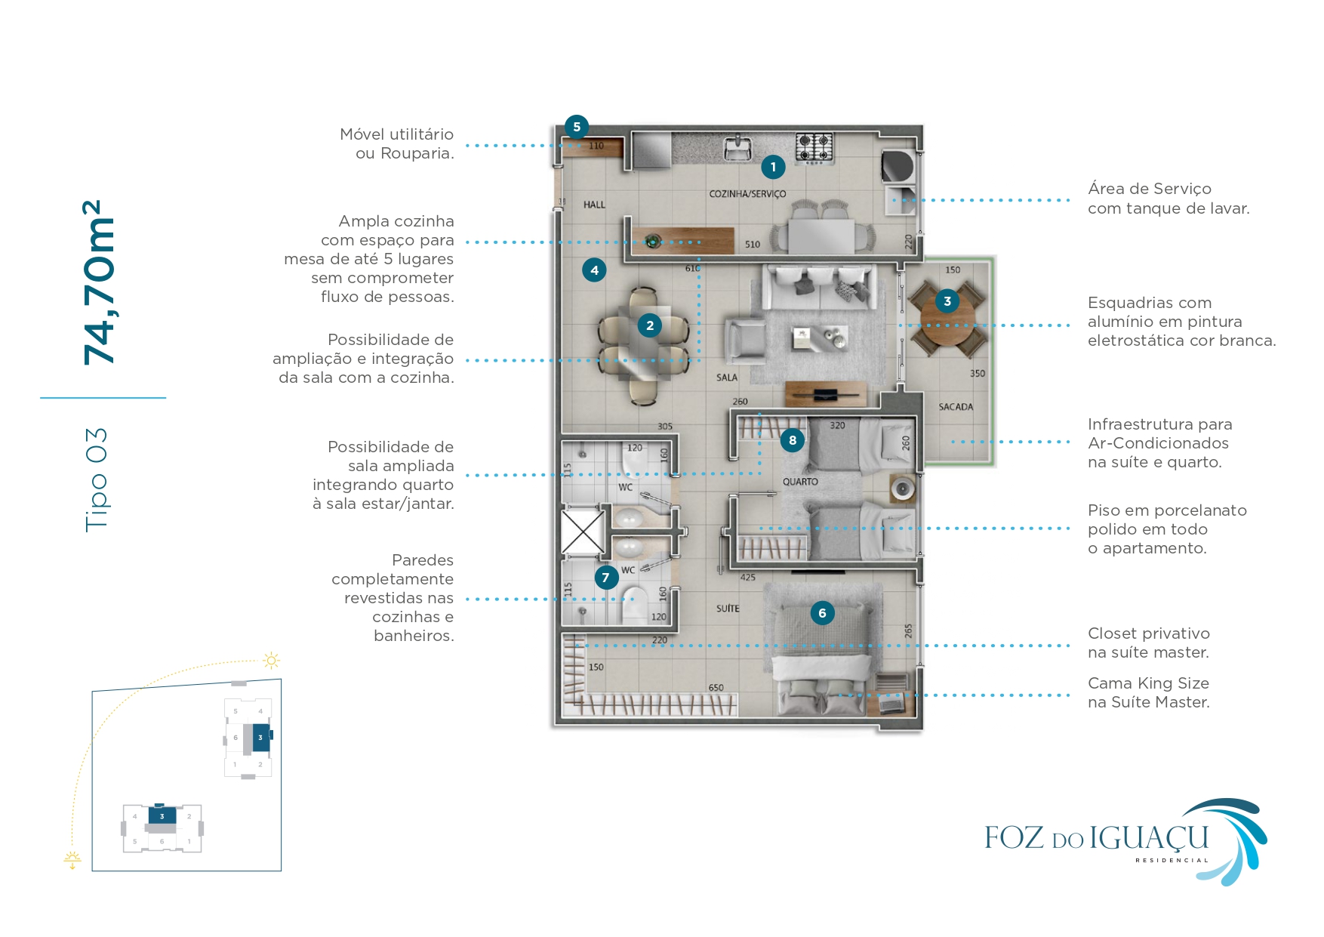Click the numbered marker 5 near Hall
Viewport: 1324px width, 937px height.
[x=577, y=127]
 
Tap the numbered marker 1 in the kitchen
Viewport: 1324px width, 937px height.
[x=773, y=167]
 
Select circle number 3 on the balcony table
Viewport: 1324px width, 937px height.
[x=947, y=301]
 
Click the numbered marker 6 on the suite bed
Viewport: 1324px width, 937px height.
[x=822, y=613]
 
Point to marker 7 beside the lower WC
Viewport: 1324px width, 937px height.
[x=605, y=578]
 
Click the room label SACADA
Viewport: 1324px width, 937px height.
[x=956, y=407]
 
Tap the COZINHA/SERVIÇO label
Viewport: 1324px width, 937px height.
[x=747, y=194]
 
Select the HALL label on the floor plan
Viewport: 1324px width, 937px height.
[x=594, y=205]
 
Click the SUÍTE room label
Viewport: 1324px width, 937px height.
[x=728, y=609]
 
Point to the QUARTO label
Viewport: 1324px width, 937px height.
[x=800, y=482]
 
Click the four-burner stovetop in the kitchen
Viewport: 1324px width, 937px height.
[x=814, y=146]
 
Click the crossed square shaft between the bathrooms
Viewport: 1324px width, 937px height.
[x=583, y=532]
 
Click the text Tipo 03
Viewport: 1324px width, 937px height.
[x=97, y=479]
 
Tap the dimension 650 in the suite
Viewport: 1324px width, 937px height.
[x=716, y=688]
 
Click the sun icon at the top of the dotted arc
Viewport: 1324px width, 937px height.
[x=271, y=661]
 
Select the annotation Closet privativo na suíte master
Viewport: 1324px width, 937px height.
[x=1148, y=643]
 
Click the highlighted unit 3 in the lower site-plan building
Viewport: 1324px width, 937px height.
[x=162, y=816]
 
